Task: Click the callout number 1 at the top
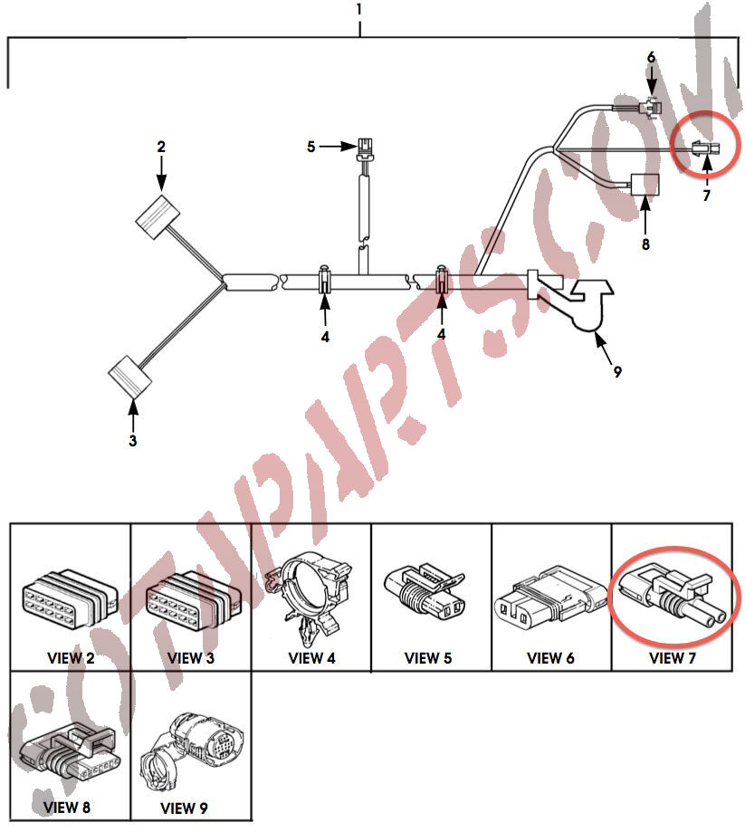pos(359,10)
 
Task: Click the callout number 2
pos(161,147)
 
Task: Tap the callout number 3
pos(133,440)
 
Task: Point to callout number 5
pos(311,147)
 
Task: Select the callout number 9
pos(617,371)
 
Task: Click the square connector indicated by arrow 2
pos(158,217)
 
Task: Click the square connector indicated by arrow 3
pos(130,377)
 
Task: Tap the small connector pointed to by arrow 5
pos(365,148)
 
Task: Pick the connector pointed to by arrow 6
pos(651,109)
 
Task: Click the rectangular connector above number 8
pos(645,186)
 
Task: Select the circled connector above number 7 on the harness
pos(706,149)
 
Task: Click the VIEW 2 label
pos(71,658)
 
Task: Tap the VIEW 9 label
pos(184,808)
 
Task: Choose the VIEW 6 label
pos(550,658)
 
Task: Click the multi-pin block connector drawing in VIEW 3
pos(193,599)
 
